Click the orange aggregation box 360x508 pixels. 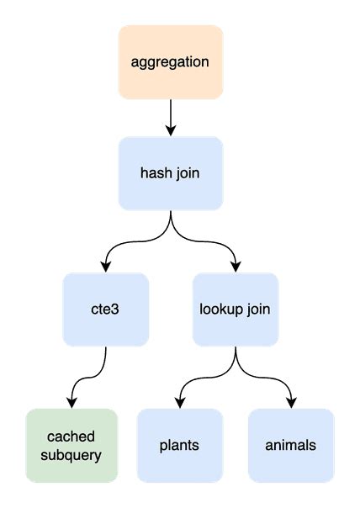pos(171,61)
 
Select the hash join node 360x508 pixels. pos(171,173)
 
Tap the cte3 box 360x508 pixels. pos(106,309)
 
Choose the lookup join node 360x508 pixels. pos(236,309)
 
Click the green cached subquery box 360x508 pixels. pos(71,445)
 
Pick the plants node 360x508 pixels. pos(180,445)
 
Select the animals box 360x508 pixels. pos(291,445)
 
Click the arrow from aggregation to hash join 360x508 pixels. pos(171,116)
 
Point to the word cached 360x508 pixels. pos(71,437)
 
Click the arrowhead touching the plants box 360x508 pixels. pos(180,402)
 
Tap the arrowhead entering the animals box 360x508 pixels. pos(291,402)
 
